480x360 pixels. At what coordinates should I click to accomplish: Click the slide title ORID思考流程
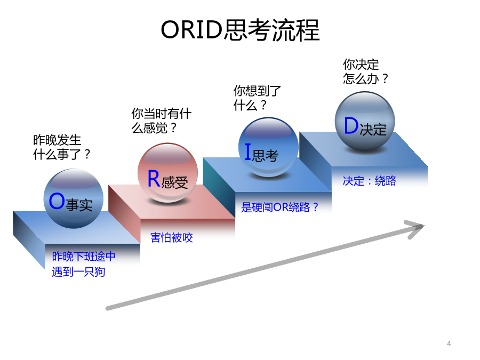240,30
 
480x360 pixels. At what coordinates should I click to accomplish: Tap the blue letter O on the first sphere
57,201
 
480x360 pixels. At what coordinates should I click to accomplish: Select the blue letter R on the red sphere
154,179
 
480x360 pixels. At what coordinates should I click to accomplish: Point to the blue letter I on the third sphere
248,152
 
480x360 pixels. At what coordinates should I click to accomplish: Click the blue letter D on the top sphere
351,125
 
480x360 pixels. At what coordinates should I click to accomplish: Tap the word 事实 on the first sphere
79,205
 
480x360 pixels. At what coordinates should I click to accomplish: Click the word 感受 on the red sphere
174,182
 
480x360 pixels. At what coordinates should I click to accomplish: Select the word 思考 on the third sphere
265,156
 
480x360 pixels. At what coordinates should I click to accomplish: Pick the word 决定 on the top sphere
373,130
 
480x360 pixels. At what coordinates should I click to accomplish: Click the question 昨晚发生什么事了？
61,147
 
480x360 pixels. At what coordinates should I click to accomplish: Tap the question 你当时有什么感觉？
161,121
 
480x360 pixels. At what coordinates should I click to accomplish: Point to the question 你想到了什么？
257,98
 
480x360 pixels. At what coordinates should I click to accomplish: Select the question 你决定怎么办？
365,71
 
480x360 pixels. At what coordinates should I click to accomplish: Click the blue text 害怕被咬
171,237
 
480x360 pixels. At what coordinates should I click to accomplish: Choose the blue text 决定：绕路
370,181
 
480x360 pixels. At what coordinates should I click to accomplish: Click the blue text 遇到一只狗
78,272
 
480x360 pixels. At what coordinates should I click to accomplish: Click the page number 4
449,344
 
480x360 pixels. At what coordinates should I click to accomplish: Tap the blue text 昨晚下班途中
84,256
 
